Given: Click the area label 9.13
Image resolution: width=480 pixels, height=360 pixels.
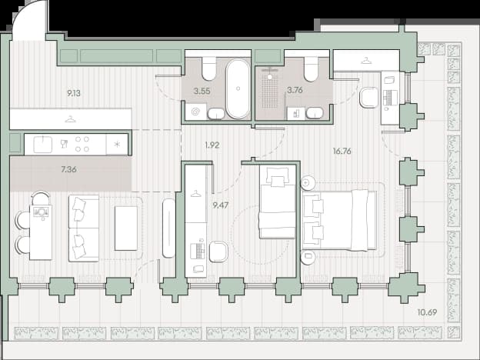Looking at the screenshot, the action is tap(74, 93).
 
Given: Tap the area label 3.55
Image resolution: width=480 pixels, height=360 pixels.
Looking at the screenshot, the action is tap(202, 91).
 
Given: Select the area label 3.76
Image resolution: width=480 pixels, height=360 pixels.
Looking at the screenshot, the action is tap(295, 90).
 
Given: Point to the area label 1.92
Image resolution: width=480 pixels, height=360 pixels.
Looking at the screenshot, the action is tap(212, 145).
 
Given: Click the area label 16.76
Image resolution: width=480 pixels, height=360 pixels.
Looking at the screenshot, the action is tap(342, 152).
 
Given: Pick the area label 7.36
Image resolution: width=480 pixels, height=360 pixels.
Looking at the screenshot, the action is tap(68, 169).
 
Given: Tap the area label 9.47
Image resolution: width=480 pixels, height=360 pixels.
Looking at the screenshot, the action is tap(221, 205).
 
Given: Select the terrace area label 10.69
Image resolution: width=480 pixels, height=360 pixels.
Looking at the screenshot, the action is tap(427, 312).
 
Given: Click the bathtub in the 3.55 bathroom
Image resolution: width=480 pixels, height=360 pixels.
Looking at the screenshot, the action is tap(238, 88).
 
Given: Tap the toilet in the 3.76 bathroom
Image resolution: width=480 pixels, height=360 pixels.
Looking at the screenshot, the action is tap(311, 69).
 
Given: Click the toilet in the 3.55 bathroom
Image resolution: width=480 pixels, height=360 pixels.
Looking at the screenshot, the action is tap(209, 68).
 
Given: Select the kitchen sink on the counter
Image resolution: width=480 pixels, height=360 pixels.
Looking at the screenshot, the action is tap(43, 145).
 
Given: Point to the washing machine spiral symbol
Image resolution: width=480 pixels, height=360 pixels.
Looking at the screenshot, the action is tap(195, 112).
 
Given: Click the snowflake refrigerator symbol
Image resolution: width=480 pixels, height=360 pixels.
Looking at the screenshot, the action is tap(117, 144).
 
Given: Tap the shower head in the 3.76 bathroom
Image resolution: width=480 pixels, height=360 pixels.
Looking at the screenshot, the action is tap(270, 77).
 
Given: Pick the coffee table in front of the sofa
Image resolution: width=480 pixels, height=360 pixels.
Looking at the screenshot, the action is tap(126, 228).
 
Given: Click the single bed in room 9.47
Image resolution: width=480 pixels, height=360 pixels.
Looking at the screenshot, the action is tap(277, 202).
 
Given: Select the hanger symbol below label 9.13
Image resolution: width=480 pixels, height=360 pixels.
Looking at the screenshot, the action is tap(71, 119).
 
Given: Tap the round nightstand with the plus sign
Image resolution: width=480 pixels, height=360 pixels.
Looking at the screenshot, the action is tap(306, 183).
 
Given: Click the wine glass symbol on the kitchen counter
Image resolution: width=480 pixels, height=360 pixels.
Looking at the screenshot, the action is tap(64, 144).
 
